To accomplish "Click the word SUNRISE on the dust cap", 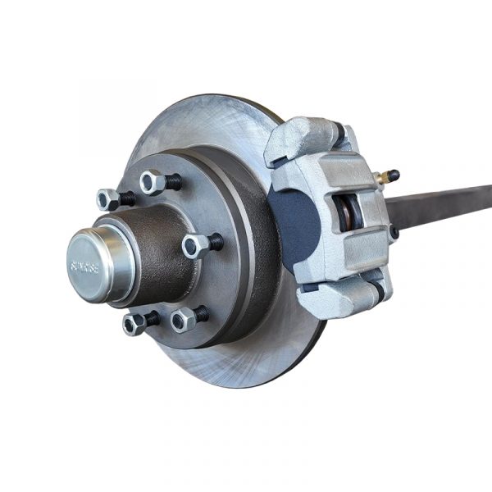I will [85, 266].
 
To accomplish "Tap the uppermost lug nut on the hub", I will [153, 181].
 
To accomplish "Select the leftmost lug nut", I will [107, 199].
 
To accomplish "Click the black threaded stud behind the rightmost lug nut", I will [215, 243].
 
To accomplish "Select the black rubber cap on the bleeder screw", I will [393, 175].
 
